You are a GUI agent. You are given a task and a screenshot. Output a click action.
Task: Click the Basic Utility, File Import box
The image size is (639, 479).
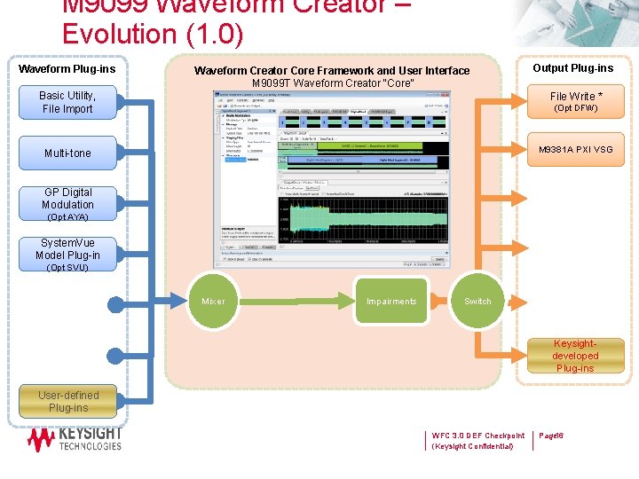[x=67, y=102]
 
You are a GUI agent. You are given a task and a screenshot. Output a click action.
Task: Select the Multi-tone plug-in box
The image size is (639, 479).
[x=67, y=153]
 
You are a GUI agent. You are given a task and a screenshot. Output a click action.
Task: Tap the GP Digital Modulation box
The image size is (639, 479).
[x=67, y=203]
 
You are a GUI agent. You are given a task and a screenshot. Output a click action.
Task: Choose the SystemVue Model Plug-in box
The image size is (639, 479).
[x=67, y=254]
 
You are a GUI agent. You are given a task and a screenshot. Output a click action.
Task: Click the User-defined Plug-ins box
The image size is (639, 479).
[x=68, y=402]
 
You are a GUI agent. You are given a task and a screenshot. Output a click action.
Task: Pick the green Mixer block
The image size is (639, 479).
[x=214, y=301]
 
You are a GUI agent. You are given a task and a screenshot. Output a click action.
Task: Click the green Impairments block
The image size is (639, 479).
[x=391, y=301]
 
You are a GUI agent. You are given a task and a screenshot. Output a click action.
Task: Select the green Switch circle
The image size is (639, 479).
[x=477, y=301]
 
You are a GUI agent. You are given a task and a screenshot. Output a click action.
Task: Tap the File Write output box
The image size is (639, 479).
[x=575, y=101]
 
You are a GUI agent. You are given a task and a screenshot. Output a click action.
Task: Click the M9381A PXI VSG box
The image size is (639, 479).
[x=575, y=150]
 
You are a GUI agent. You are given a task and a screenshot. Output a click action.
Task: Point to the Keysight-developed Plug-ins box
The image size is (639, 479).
[x=575, y=356]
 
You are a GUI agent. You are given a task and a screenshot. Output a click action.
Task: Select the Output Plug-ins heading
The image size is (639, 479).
[x=572, y=68]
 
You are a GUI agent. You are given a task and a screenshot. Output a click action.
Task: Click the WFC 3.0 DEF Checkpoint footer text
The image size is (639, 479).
[x=477, y=436]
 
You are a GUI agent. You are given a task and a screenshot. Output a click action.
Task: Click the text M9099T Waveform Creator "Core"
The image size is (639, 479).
[x=333, y=83]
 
